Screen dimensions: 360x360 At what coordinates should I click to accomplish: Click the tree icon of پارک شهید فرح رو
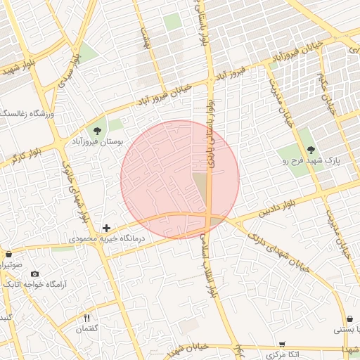pos(311,149)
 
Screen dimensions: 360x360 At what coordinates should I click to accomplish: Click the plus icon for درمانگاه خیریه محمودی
pos(106,228)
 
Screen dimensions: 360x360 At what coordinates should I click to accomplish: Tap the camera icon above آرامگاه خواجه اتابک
pos(35,274)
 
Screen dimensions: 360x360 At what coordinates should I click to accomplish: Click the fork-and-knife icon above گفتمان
pos(86,318)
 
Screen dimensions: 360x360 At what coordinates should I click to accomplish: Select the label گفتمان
pos(86,329)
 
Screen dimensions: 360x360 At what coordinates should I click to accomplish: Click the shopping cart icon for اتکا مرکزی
pos(282,345)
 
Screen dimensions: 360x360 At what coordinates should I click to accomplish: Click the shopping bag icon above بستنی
pos(349,319)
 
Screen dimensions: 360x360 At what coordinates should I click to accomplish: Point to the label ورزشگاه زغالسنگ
pos(27,113)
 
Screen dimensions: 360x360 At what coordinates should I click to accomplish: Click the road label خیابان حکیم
pos(326,92)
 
